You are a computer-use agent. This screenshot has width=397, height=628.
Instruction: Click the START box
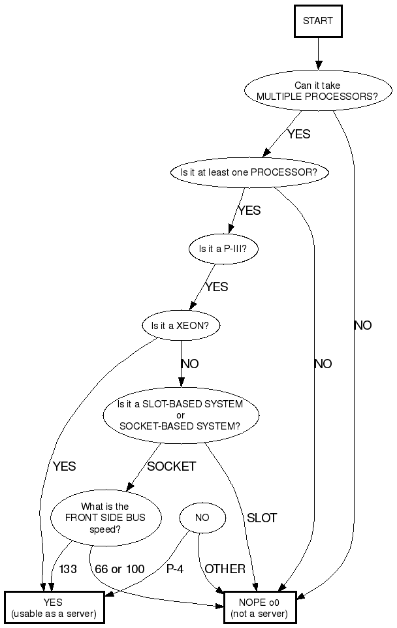click(317, 21)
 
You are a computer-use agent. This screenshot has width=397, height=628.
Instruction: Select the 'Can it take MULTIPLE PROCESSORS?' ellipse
click(317, 91)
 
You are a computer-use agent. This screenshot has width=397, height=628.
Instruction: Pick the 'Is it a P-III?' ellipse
click(222, 249)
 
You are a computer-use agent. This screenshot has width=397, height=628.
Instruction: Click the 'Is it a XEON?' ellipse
click(181, 325)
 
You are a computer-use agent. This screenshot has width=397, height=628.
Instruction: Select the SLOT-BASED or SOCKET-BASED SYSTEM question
click(181, 415)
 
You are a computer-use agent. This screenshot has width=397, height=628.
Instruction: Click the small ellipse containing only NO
click(202, 518)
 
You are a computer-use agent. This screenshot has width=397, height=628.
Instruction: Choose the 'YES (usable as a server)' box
click(54, 608)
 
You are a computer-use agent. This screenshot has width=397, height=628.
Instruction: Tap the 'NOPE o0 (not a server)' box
click(259, 608)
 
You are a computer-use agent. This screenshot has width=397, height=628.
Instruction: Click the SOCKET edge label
click(171, 467)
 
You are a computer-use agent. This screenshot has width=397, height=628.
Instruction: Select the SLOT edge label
click(261, 518)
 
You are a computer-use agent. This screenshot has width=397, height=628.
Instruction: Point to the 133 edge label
click(68, 569)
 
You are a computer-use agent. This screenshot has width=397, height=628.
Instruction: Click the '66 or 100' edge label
click(119, 569)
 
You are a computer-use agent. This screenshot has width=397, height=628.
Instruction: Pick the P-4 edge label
click(174, 569)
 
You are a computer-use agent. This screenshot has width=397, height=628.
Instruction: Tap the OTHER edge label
click(225, 569)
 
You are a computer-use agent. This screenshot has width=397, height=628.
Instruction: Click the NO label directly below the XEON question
click(190, 364)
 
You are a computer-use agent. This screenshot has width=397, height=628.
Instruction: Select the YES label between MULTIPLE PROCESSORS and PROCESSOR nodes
click(298, 134)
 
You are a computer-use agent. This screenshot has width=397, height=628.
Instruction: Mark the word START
click(317, 21)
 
